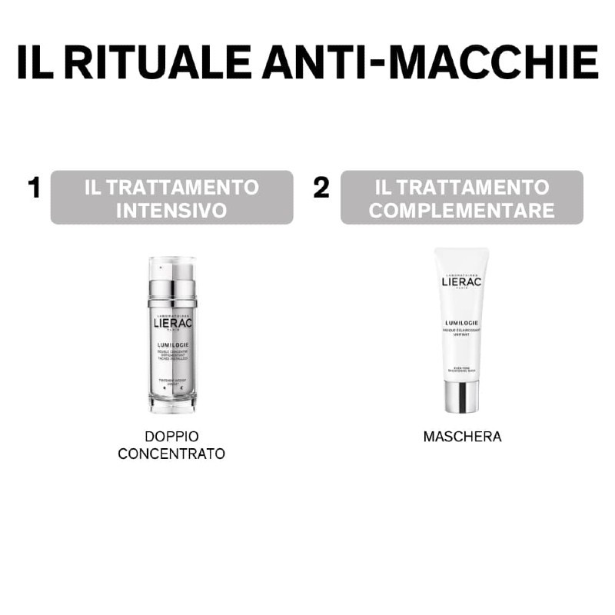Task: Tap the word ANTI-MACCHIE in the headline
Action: coord(430,62)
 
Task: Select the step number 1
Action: coord(34,188)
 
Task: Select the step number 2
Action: coord(321,188)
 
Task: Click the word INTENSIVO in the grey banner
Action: coord(171,210)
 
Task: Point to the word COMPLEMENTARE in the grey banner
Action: coord(461,210)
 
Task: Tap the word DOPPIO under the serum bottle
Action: coord(171,436)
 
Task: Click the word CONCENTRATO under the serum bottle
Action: coord(171,454)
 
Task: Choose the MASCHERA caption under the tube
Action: coord(462,437)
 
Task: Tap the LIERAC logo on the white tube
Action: coord(461,281)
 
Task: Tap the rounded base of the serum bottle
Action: coord(172,401)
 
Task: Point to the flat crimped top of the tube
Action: coord(461,252)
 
